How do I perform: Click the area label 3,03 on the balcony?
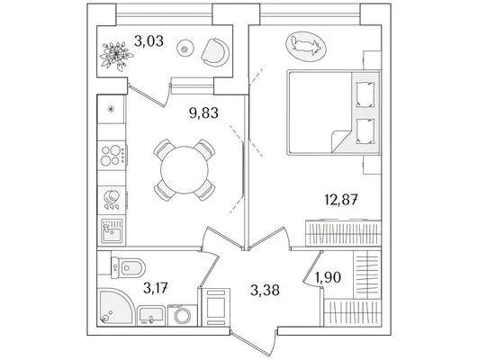coord(149,41)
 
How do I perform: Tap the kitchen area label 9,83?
coord(203,113)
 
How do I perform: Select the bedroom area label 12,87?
coord(341,200)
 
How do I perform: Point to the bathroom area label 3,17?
coord(156,288)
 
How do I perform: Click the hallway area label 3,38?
coord(265,290)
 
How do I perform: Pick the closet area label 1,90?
coord(328,277)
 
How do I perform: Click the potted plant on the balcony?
coord(116,56)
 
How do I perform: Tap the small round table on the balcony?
coord(185,49)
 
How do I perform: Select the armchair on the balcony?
coord(215,52)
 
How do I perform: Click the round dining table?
coord(185,170)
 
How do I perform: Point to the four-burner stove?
coord(112,155)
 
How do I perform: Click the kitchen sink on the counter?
coord(112,230)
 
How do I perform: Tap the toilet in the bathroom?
coord(128,268)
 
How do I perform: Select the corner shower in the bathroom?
coord(115,307)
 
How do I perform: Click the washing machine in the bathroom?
coord(183,315)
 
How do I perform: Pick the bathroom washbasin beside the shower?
coord(151,316)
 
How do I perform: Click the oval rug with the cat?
coord(306,46)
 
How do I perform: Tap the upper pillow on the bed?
coord(365,94)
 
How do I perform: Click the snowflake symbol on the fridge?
coord(111,109)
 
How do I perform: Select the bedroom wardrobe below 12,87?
coord(343,232)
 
